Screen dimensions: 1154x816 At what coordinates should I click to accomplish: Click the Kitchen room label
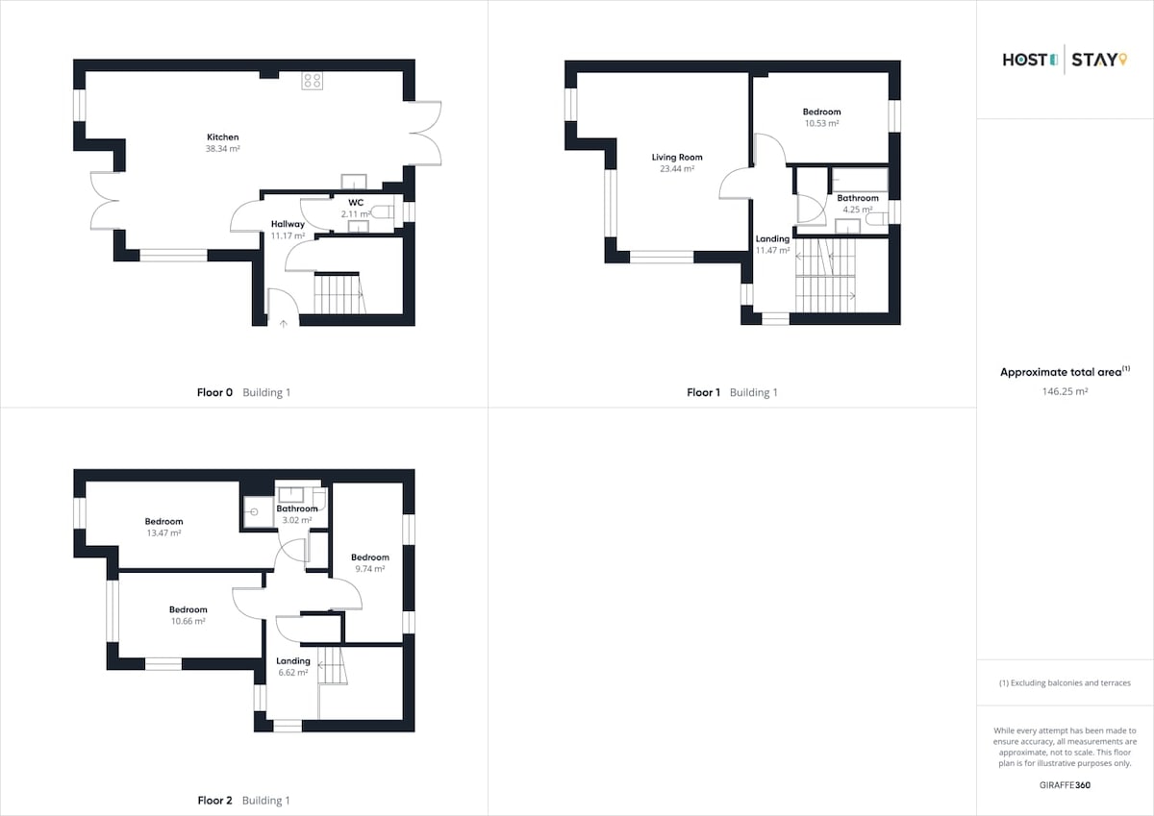click(x=222, y=136)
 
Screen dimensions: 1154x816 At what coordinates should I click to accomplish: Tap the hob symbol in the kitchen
click(x=313, y=81)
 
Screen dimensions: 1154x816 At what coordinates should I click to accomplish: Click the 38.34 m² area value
click(x=222, y=149)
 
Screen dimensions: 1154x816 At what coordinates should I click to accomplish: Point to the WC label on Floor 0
click(x=356, y=203)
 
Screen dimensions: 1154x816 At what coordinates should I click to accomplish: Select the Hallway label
click(x=288, y=224)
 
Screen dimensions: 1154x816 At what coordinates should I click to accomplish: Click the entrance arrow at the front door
click(x=284, y=323)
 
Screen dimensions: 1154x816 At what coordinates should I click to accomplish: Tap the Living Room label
click(x=677, y=157)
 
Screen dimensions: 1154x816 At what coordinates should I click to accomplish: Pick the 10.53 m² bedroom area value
click(x=821, y=124)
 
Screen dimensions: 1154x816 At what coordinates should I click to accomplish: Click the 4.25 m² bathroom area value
click(x=857, y=210)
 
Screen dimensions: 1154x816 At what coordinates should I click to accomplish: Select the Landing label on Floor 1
click(x=772, y=239)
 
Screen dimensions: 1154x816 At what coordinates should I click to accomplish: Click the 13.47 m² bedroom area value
click(x=163, y=532)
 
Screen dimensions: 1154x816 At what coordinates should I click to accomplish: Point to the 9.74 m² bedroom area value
click(x=370, y=569)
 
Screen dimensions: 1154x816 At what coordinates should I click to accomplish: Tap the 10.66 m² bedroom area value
click(x=188, y=622)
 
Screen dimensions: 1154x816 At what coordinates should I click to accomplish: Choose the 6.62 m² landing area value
click(x=293, y=673)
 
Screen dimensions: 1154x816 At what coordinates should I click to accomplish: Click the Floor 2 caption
click(x=214, y=800)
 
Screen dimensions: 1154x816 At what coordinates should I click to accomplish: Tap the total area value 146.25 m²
click(x=1065, y=391)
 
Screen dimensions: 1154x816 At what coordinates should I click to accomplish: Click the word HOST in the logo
click(x=1025, y=61)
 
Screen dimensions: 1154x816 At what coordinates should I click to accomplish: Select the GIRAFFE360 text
click(x=1065, y=785)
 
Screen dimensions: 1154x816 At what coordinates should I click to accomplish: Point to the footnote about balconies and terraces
click(x=1065, y=683)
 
